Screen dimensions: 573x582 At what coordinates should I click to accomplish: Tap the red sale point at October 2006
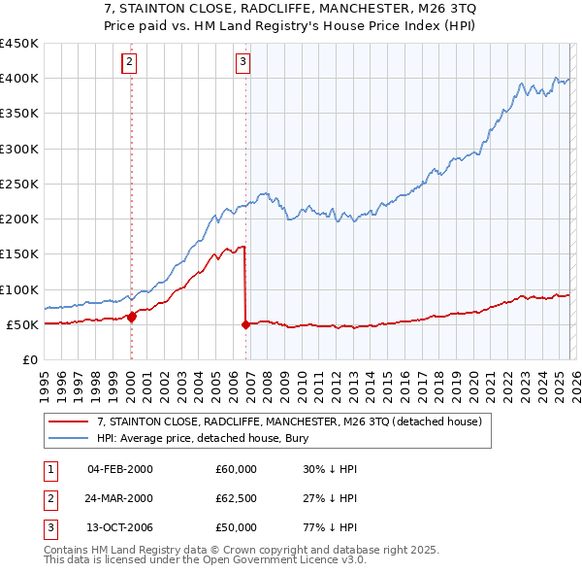point(245,325)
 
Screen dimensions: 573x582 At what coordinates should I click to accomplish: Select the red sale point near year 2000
point(132,316)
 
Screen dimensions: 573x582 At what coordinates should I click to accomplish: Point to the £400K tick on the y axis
point(18,79)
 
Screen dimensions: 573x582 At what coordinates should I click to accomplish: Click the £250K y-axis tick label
point(18,184)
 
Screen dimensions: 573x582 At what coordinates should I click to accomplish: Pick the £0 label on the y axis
point(29,359)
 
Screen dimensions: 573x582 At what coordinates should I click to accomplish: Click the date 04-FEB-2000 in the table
point(119,469)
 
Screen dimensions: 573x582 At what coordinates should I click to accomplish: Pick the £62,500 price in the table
point(237,498)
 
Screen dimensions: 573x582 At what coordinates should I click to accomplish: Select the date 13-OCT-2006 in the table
point(119,527)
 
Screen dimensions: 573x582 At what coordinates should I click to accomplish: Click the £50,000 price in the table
point(237,527)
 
